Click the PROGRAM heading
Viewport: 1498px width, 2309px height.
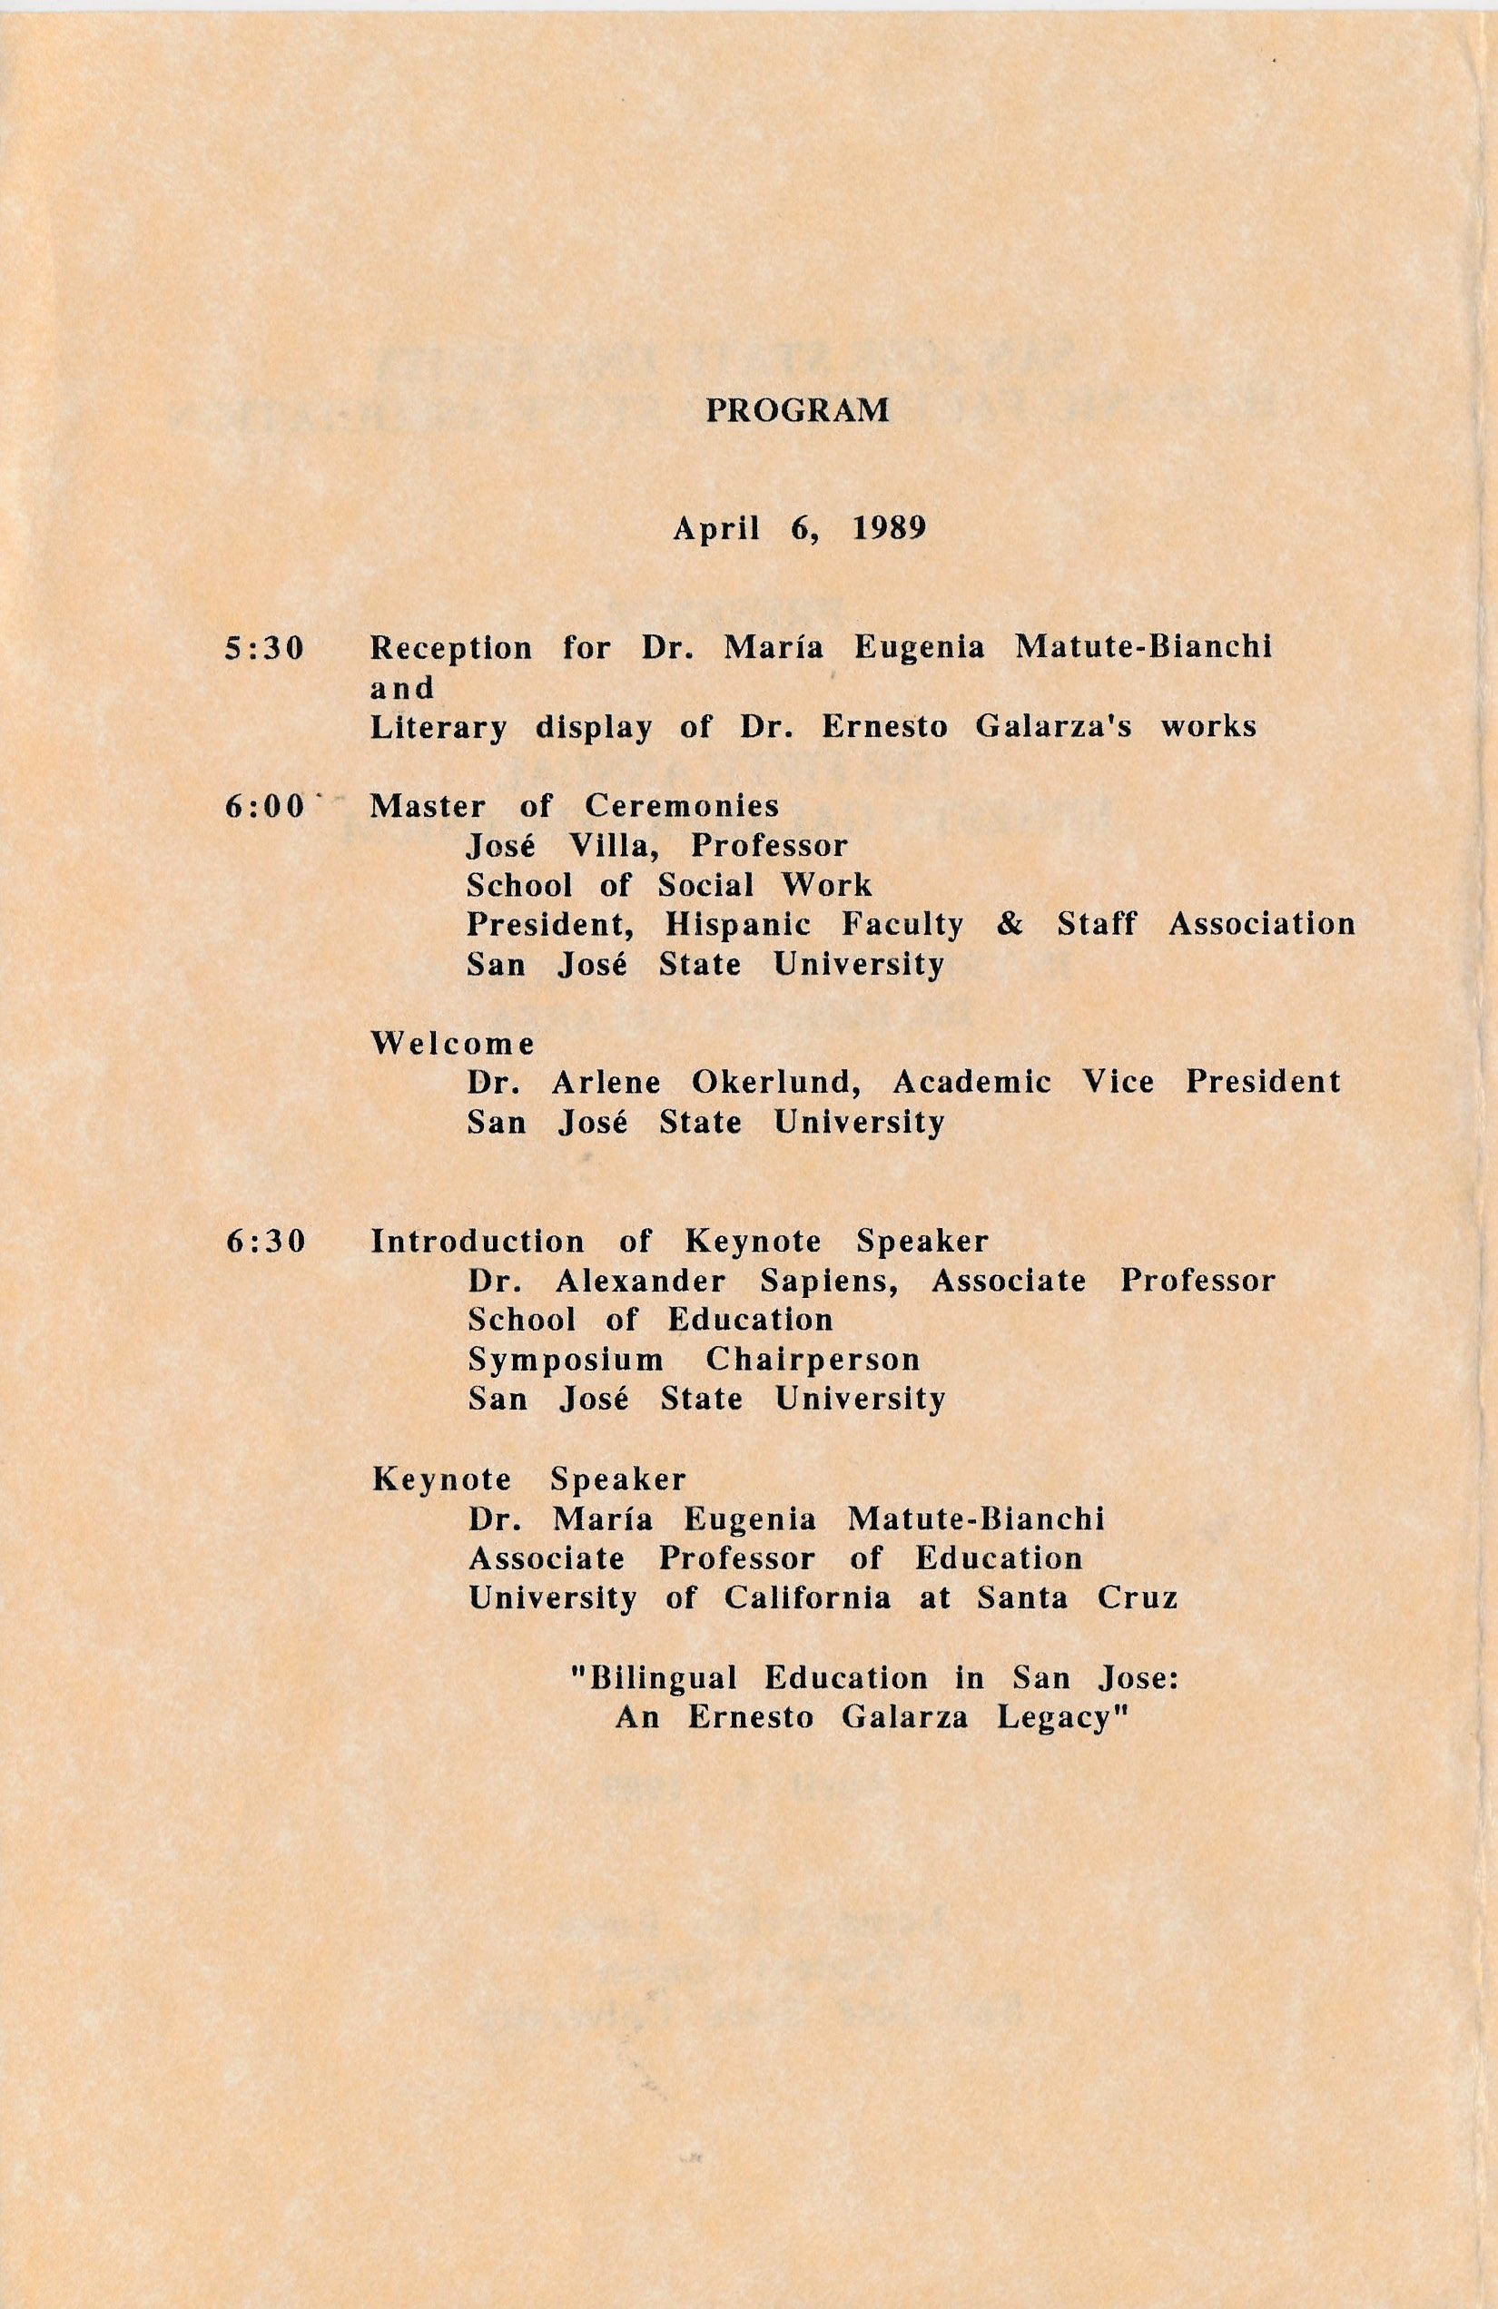click(796, 411)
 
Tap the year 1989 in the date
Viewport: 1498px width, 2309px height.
click(890, 530)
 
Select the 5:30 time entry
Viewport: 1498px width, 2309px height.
click(265, 649)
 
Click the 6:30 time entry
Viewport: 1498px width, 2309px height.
click(265, 1242)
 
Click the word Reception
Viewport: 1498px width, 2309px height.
click(451, 649)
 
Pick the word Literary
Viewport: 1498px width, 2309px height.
click(439, 728)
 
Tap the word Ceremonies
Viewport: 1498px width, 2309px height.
click(682, 806)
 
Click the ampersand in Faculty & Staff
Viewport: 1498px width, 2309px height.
click(1010, 925)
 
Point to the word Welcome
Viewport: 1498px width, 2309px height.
click(453, 1044)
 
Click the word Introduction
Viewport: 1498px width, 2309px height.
click(478, 1242)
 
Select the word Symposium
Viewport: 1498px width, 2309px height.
click(567, 1361)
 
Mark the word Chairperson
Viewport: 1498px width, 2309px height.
click(813, 1361)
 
